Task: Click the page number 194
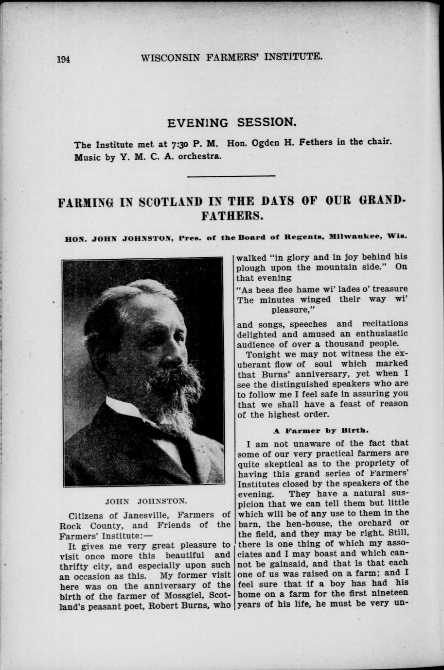(64, 59)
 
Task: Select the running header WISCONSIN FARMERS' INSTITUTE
(231, 57)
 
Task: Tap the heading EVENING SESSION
(231, 122)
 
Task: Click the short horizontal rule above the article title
(231, 175)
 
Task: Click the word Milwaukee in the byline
(357, 238)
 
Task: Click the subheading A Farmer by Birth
(320, 430)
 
